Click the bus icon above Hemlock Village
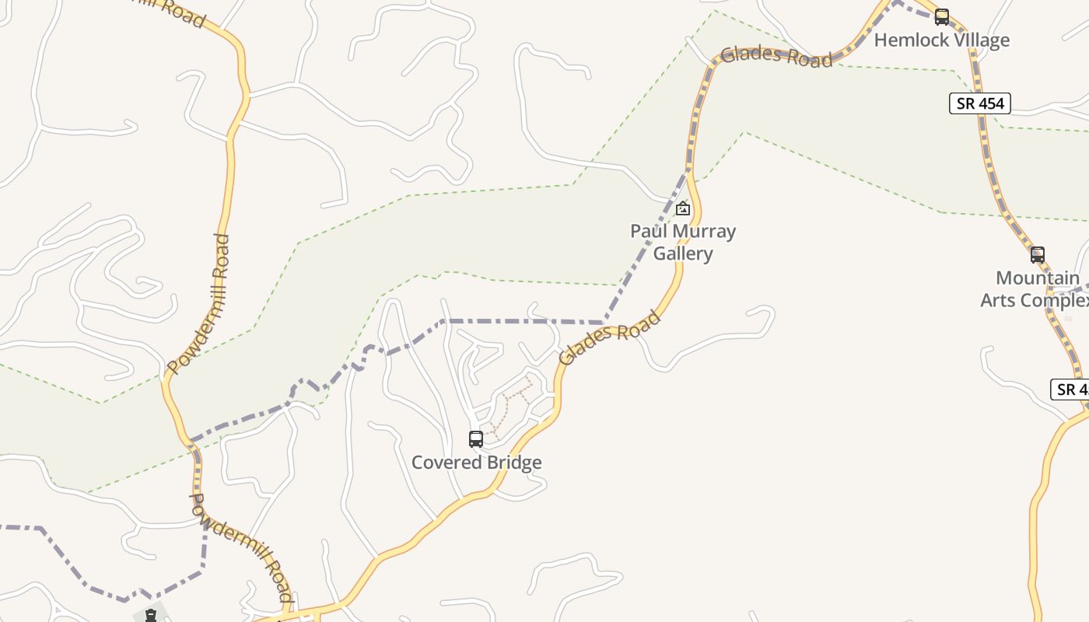coord(942,16)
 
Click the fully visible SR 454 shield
coord(980,103)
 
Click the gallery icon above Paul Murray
coord(683,208)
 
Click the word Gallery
coord(683,253)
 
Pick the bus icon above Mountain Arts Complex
coord(1037,255)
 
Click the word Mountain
coord(1038,278)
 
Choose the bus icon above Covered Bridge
coord(476,439)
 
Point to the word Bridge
coord(511,463)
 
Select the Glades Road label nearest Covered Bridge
coord(610,337)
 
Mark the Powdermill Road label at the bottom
coord(242,549)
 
